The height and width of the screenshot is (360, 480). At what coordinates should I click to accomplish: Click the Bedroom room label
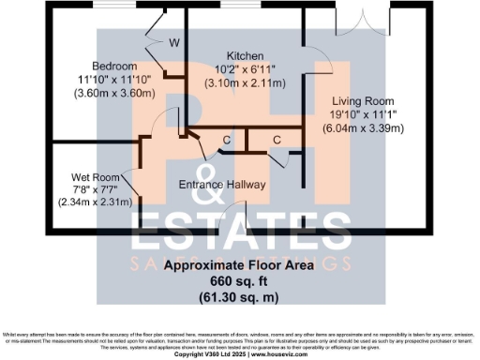click(x=116, y=66)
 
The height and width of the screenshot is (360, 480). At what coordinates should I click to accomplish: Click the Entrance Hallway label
click(x=223, y=184)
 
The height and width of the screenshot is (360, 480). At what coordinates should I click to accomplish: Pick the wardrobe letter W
click(x=174, y=42)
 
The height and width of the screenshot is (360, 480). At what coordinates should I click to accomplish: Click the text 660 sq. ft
click(x=232, y=280)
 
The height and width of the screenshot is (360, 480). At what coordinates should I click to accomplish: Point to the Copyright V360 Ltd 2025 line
click(x=211, y=355)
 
